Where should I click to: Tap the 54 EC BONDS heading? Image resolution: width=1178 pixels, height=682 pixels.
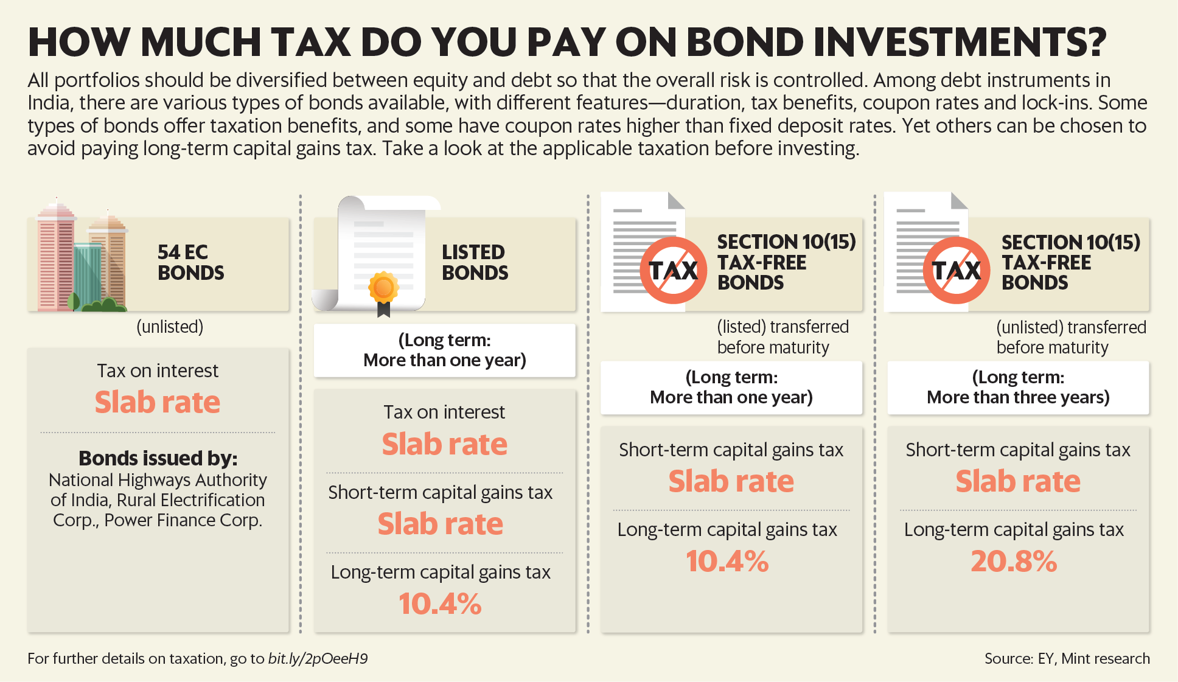pos(190,262)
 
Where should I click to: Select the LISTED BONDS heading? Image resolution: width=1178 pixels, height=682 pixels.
pos(475,262)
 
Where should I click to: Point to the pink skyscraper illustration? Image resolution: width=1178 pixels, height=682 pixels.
pos(57,256)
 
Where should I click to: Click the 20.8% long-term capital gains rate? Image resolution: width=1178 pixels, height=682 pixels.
pos(1014,561)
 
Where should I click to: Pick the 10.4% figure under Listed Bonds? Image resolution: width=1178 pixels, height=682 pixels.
pos(440,604)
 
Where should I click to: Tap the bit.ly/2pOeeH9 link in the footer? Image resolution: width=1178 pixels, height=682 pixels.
pos(318,659)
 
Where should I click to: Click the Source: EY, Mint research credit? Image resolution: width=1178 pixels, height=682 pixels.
pos(1067,658)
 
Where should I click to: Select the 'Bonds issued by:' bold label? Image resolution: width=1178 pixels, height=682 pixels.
pos(158,458)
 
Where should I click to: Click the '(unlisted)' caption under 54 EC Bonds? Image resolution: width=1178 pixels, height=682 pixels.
pos(170,327)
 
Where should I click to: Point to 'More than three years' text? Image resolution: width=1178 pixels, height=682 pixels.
pos(1019,397)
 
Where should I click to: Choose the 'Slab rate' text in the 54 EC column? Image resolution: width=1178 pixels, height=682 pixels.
pos(158,402)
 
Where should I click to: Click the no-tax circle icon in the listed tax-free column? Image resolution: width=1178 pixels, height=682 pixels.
pos(673,270)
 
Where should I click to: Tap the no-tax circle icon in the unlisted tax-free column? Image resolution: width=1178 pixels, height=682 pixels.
pos(957,270)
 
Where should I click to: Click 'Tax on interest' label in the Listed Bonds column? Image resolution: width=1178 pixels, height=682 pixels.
pos(444,412)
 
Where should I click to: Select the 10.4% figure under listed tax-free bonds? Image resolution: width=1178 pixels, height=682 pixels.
pos(727,561)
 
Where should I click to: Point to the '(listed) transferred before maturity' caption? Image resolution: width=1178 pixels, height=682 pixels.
pos(782,337)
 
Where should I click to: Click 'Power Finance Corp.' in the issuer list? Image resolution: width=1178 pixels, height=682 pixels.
pos(183,520)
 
